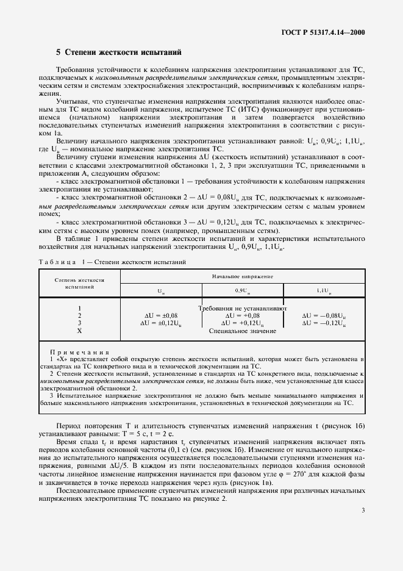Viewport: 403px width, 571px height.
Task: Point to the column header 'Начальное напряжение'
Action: pos(242,276)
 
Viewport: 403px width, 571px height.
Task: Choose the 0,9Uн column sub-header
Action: pos(242,290)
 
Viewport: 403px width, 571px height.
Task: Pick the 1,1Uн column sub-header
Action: pos(323,290)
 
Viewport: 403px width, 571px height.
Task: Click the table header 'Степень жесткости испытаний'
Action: pos(80,282)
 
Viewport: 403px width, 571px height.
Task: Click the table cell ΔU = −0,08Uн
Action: pos(324,315)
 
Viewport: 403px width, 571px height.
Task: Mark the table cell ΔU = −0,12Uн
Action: pos(324,323)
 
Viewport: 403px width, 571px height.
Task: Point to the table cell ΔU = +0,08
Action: pos(242,315)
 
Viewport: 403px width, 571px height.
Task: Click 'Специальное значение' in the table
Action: pos(242,331)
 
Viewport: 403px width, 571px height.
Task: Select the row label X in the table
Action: pos(80,331)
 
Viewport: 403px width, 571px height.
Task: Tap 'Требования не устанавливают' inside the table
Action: pos(243,308)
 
